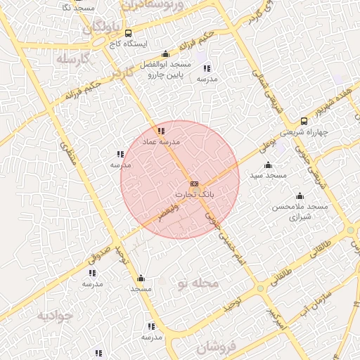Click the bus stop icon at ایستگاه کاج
[x=127, y=33]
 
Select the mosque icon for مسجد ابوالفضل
[x=165, y=54]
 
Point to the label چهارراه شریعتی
[x=303, y=131]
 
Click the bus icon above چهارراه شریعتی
[x=304, y=121]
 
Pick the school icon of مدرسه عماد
[x=161, y=131]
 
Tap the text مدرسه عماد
[x=162, y=141]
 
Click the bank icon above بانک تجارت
[x=195, y=184]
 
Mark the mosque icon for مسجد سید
[x=268, y=165]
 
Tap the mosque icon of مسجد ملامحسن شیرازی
[x=300, y=196]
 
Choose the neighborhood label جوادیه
[x=55, y=315]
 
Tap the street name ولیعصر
[x=168, y=213]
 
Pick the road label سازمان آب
[x=312, y=296]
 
